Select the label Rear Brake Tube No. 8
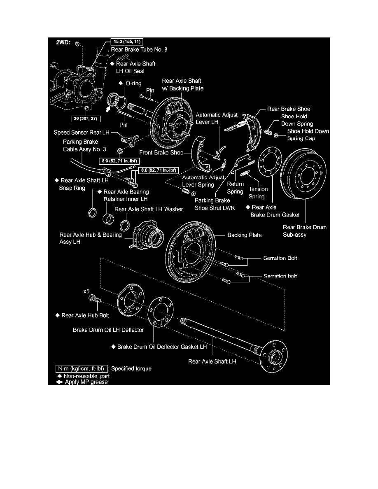coord(139,49)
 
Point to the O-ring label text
coord(133,83)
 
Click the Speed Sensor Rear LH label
coord(82,133)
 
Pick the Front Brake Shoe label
coord(161,152)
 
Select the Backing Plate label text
coord(245,235)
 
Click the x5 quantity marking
coord(86,291)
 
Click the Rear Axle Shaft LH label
coord(212,361)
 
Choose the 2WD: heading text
coord(63,42)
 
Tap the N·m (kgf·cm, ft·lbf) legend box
coord(82,369)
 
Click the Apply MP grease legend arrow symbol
coord(59,382)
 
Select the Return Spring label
coord(235,188)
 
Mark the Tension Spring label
coord(258,193)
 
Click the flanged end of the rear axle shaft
coord(273,356)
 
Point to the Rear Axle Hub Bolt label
coord(85,316)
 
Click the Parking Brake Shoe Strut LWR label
coord(215,204)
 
